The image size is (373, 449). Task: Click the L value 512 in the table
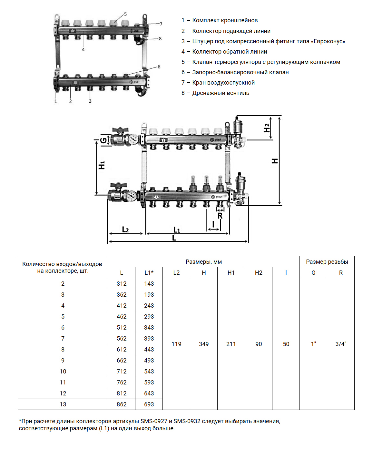122,327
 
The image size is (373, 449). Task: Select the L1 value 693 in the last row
149,404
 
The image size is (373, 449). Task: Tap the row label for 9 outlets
63,360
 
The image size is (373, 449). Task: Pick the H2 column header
259,272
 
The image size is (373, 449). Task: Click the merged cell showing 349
204,344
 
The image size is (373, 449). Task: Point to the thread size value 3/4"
341,344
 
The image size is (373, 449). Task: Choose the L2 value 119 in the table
176,344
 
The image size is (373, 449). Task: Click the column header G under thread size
313,272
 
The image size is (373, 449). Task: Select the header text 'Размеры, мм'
204,261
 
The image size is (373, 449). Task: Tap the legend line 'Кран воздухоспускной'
223,83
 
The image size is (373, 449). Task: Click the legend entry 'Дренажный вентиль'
221,93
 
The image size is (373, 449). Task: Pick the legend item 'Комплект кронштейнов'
225,20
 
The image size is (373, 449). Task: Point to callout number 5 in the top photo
125,14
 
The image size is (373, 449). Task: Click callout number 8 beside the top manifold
160,39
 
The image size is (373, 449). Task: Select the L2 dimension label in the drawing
125,230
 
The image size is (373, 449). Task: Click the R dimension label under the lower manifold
220,216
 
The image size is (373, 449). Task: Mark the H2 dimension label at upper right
267,128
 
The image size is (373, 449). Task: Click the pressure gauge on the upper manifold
133,139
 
